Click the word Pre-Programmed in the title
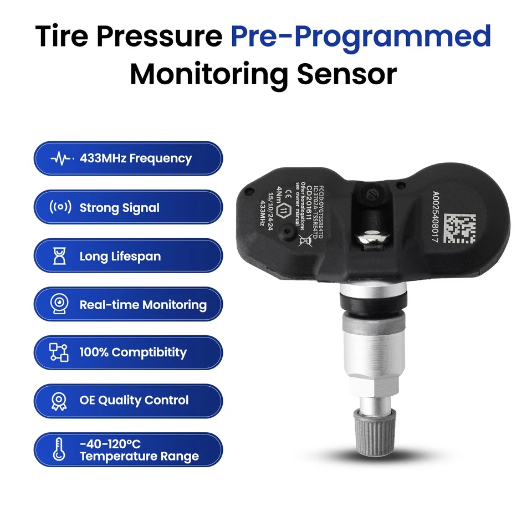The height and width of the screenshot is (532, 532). tap(361, 37)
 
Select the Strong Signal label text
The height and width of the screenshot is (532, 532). tap(119, 208)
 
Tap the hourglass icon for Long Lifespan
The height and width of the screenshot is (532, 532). tap(60, 257)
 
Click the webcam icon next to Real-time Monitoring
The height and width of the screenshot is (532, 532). tap(60, 304)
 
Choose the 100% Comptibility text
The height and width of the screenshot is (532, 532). tap(133, 352)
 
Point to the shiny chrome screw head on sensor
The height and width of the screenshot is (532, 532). tap(369, 239)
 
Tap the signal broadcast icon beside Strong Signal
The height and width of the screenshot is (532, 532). tap(60, 208)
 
